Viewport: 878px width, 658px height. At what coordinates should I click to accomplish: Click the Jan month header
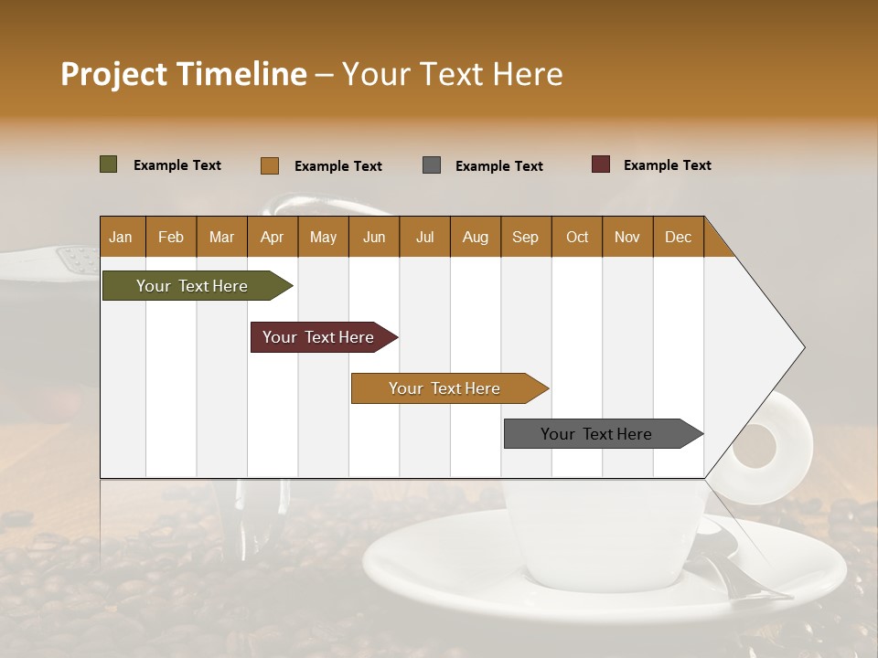pyautogui.click(x=121, y=238)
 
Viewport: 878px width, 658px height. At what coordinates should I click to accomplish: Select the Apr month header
pyautogui.click(x=272, y=238)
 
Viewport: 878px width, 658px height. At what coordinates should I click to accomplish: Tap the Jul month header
pyautogui.click(x=424, y=238)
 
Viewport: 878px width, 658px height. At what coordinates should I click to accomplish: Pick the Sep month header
pyautogui.click(x=525, y=238)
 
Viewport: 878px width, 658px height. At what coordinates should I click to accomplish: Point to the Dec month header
pyautogui.click(x=678, y=238)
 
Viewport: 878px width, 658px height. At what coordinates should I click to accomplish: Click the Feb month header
pyautogui.click(x=171, y=238)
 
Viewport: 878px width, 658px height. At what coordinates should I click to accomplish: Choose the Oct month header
pyautogui.click(x=577, y=238)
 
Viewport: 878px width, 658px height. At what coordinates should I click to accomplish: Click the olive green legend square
pyautogui.click(x=109, y=164)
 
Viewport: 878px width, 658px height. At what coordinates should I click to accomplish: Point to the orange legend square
pyautogui.click(x=270, y=165)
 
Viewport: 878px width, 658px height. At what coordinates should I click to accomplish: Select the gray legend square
pyautogui.click(x=432, y=165)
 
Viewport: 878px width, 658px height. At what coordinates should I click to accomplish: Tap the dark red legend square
pyautogui.click(x=601, y=164)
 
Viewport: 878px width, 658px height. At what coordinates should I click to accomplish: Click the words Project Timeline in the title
pyautogui.click(x=184, y=74)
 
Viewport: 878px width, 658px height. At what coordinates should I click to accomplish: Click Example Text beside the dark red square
pyautogui.click(x=667, y=165)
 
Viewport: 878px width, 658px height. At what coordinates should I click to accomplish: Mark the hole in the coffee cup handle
pyautogui.click(x=754, y=450)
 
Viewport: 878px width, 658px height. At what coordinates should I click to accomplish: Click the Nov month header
pyautogui.click(x=627, y=238)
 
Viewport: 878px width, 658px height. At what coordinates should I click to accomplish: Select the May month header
pyautogui.click(x=323, y=238)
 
